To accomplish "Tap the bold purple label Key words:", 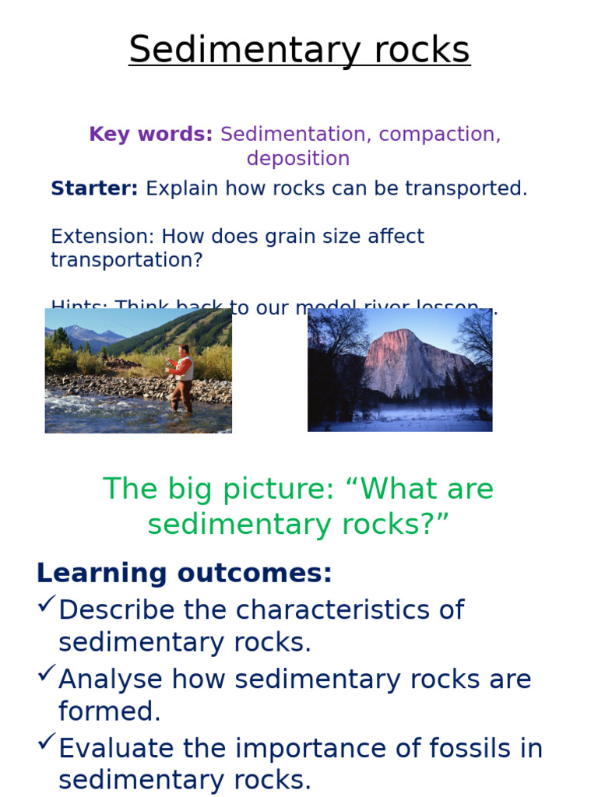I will click(x=150, y=134).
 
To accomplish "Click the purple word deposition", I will click(x=298, y=159).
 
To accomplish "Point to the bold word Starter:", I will click(x=94, y=188).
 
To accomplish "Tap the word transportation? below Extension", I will click(x=126, y=260).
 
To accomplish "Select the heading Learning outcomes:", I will click(x=184, y=574).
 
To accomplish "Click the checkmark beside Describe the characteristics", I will click(x=46, y=603).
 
